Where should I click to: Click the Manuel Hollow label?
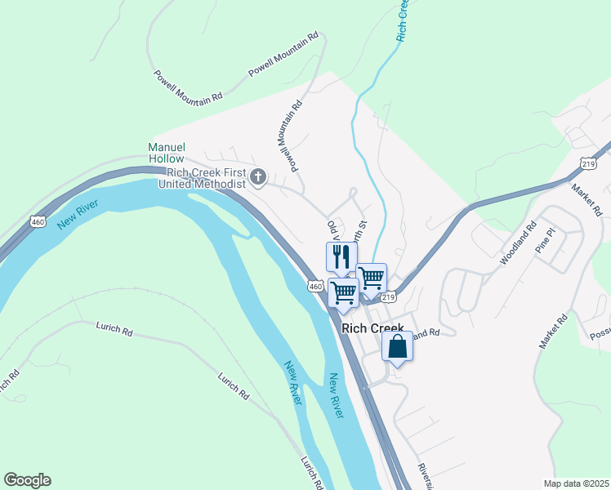[x=166, y=153]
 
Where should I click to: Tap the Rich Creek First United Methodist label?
[x=206, y=178]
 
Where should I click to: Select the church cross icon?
[x=258, y=177]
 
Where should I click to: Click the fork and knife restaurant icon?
[x=341, y=256]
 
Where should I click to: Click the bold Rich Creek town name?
[x=372, y=328]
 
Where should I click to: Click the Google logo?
[x=27, y=480]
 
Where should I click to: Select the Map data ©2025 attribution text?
[x=577, y=483]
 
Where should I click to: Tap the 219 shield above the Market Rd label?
[x=588, y=163]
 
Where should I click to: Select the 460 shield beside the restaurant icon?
[x=316, y=286]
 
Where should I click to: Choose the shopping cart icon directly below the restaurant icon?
[x=344, y=292]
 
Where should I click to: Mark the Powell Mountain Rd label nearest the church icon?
[x=288, y=135]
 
